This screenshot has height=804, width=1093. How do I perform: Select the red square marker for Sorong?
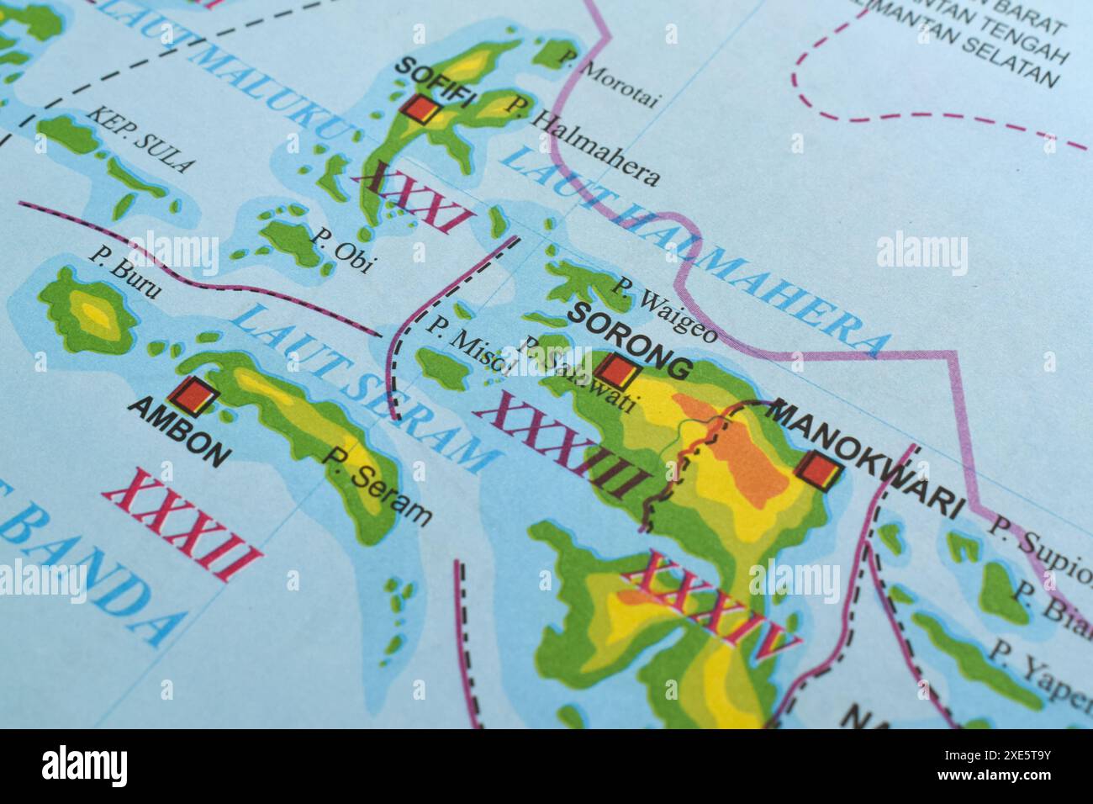tap(618, 370)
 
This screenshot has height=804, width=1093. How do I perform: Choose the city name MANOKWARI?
tap(866, 459)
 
